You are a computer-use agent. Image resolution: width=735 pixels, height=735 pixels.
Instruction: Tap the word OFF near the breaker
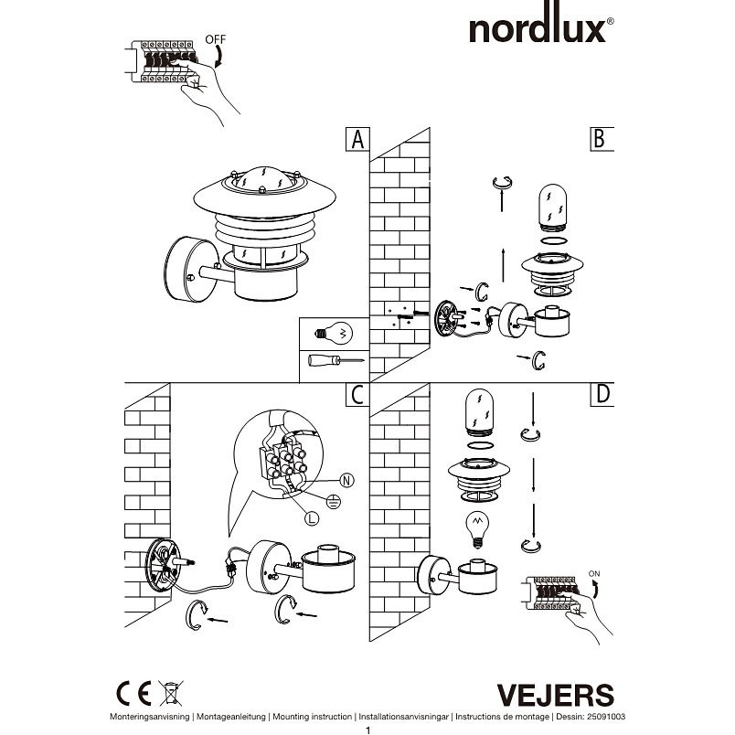click(215, 39)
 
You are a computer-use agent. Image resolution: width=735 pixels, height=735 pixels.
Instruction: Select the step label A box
click(357, 139)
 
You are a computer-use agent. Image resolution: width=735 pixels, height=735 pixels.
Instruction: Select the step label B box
click(602, 139)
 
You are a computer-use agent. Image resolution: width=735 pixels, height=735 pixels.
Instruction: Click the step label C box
click(357, 395)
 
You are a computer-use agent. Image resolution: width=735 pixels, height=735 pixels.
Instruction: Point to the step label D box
click(602, 395)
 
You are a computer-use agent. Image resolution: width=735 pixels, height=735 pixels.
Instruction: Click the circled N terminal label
click(346, 481)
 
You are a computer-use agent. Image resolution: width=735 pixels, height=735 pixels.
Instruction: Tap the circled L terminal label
click(312, 518)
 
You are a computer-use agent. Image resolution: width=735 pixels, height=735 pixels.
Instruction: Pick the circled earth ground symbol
click(333, 503)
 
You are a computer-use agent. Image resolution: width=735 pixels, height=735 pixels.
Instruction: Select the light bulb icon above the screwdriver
click(334, 334)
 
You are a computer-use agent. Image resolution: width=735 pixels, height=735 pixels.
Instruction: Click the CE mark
click(133, 693)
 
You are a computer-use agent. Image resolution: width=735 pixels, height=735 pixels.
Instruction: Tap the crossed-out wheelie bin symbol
click(171, 693)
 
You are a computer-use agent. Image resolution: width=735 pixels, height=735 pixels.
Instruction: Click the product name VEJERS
click(556, 695)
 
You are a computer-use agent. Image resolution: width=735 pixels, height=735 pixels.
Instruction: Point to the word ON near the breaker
click(594, 574)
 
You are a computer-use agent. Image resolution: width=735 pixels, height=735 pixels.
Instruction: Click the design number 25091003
click(604, 717)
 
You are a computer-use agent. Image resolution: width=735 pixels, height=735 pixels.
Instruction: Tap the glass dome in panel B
click(553, 207)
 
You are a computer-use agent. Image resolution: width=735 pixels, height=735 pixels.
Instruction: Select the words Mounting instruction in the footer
click(312, 717)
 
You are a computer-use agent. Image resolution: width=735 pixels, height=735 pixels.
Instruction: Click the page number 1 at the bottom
click(368, 730)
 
